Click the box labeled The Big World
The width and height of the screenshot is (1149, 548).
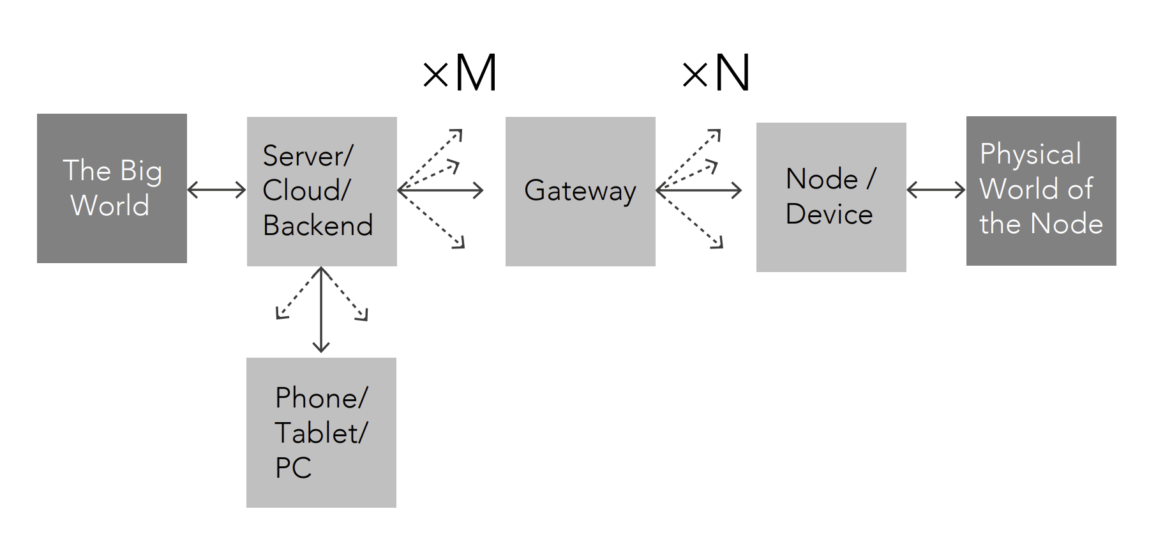(112, 188)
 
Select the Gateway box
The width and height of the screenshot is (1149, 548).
(580, 191)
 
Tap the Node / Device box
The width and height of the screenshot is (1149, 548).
(830, 197)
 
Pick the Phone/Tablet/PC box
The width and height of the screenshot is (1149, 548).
(321, 432)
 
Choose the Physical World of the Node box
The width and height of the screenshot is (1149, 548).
(1040, 190)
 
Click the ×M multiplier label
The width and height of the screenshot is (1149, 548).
(460, 73)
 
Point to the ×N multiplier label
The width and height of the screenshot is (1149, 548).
(716, 73)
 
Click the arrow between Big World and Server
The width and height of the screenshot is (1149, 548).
(216, 190)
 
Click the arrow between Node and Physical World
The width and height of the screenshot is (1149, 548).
(936, 190)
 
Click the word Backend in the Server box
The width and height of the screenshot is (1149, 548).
(317, 225)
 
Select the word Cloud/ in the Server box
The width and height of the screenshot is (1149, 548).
(306, 190)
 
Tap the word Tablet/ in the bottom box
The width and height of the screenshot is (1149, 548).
(321, 433)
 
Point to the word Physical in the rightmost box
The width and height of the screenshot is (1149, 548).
(1030, 155)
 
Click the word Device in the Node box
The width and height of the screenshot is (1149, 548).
(829, 214)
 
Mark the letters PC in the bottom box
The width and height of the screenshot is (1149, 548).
(293, 468)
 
